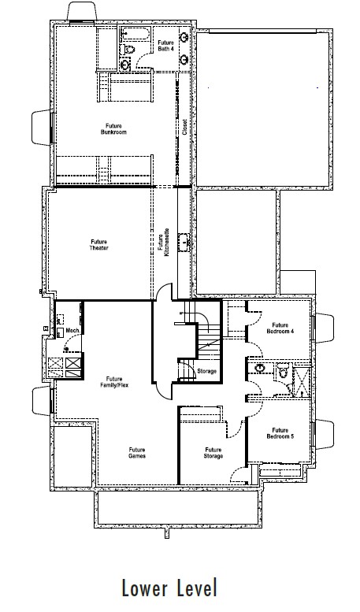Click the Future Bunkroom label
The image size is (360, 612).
113,129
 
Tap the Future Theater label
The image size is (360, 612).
98,245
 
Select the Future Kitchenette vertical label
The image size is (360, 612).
163,242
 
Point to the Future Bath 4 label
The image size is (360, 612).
165,46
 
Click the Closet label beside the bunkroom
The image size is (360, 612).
184,128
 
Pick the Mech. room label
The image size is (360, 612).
73,331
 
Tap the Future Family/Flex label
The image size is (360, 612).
114,382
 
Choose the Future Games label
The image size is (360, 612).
137,453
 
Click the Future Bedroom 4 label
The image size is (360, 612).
280,328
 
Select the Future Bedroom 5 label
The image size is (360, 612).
280,433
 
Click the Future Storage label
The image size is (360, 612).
213,453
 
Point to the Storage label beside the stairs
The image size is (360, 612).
206,371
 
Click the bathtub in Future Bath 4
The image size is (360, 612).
135,35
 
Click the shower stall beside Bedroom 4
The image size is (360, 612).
301,381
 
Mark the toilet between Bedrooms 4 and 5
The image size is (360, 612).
282,371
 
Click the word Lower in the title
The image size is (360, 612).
145,588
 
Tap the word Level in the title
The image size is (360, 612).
196,588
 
